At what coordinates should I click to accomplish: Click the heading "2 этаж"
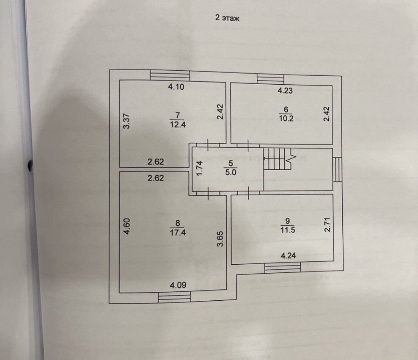228,19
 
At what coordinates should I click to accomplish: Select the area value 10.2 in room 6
286,119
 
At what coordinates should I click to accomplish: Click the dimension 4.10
176,87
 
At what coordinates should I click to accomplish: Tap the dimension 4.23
286,90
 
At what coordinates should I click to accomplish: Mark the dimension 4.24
289,256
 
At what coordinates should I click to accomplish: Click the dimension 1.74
201,169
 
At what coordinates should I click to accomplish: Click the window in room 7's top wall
170,75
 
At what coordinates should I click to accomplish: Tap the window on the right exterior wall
337,169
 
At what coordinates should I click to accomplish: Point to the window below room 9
283,268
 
